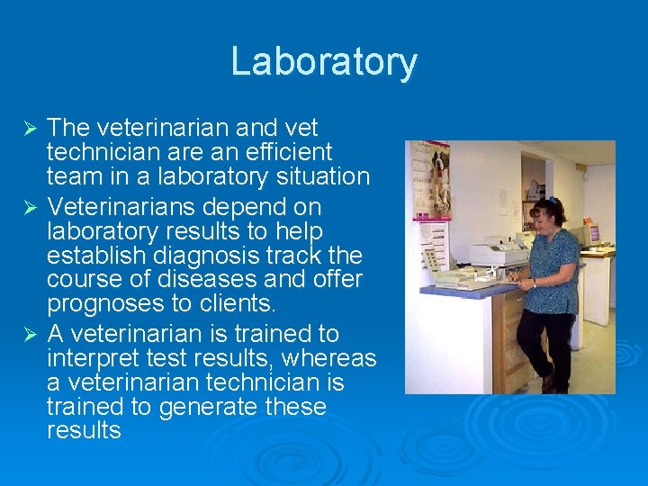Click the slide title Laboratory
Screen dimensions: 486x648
pyautogui.click(x=324, y=62)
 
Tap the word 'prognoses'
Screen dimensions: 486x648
pyautogui.click(x=103, y=303)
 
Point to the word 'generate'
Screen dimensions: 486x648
pyautogui.click(x=205, y=407)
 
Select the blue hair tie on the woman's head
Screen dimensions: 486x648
pyautogui.click(x=552, y=201)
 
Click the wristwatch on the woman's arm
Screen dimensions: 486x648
pyautogui.click(x=534, y=285)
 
